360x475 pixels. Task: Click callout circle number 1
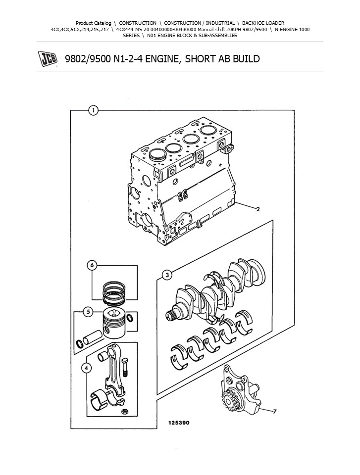(x=93, y=110)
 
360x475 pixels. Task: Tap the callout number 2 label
(x=258, y=209)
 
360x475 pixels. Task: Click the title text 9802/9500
(x=85, y=59)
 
